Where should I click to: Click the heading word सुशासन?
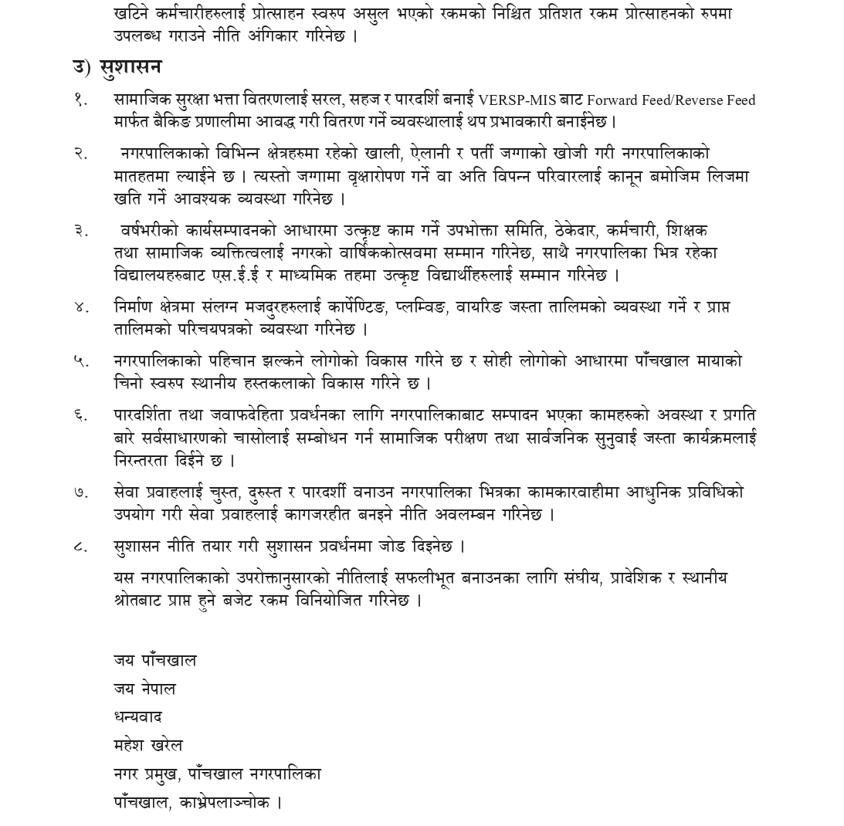click(x=130, y=68)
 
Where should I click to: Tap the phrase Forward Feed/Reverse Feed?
click(x=671, y=100)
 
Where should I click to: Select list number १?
click(x=80, y=100)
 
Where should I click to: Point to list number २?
click(x=80, y=154)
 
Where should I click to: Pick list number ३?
click(x=80, y=231)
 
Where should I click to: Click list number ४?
click(x=80, y=307)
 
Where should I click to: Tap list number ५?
click(x=80, y=361)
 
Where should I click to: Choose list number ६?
click(x=80, y=415)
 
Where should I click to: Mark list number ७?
click(x=80, y=492)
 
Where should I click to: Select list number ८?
click(x=80, y=547)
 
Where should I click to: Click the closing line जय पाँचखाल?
click(x=154, y=661)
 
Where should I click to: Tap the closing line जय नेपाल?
click(x=144, y=689)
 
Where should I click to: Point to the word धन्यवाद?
click(x=137, y=717)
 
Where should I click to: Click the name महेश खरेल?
click(x=147, y=746)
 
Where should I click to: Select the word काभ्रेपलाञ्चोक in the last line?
click(x=224, y=803)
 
